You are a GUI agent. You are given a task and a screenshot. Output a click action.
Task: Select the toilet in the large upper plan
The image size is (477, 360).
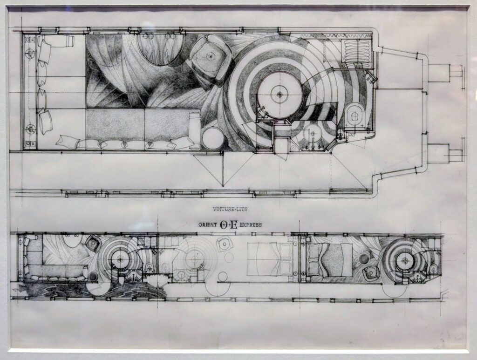pos(354,117)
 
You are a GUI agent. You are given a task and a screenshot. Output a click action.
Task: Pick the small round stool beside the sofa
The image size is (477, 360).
pos(212,138)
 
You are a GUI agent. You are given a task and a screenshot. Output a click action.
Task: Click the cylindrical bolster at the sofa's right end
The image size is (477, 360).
pos(194,131)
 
